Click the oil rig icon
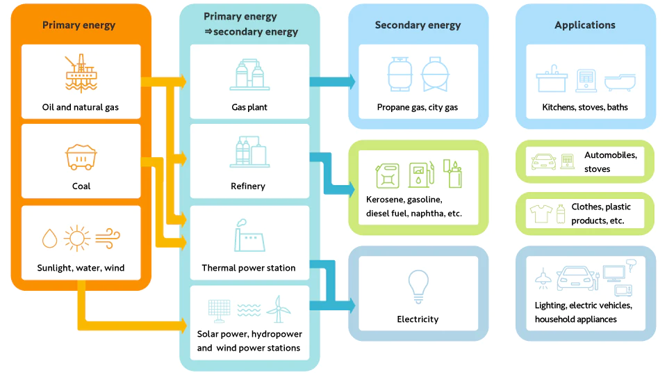click(x=81, y=73)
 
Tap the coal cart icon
click(x=81, y=157)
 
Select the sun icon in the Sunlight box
click(x=77, y=238)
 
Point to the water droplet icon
click(x=50, y=238)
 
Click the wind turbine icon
click(x=279, y=310)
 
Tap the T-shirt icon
click(x=541, y=213)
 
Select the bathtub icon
click(x=620, y=82)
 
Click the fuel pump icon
click(x=422, y=175)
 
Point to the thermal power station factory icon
click(x=249, y=236)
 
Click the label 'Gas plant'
click(x=249, y=107)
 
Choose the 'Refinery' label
click(x=248, y=186)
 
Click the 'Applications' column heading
click(x=585, y=25)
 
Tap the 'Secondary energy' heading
click(x=418, y=25)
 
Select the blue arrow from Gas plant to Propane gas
click(x=333, y=82)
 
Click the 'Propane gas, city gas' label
click(x=418, y=107)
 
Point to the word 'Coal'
click(x=81, y=186)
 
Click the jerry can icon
click(x=388, y=175)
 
